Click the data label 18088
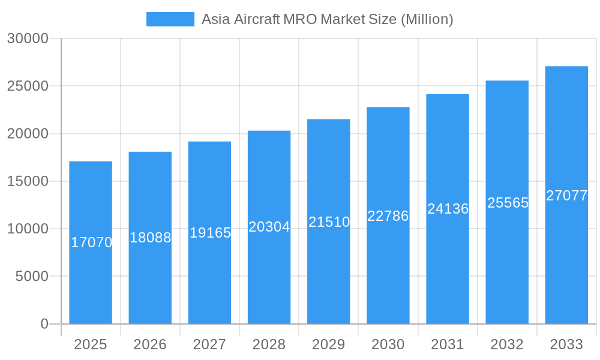pyautogui.click(x=150, y=238)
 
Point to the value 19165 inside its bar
pyautogui.click(x=210, y=233)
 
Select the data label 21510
pyautogui.click(x=329, y=222)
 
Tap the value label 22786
pyautogui.click(x=388, y=216)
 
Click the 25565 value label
pyautogui.click(x=508, y=203)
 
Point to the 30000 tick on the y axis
pyautogui.click(x=28, y=38)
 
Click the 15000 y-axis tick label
pyautogui.click(x=28, y=181)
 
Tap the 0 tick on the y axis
pyautogui.click(x=44, y=324)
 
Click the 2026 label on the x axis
pyautogui.click(x=150, y=344)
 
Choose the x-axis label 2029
pyautogui.click(x=329, y=344)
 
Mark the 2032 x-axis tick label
pyautogui.click(x=507, y=344)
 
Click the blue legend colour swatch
pyautogui.click(x=170, y=19)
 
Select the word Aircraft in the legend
pyautogui.click(x=257, y=19)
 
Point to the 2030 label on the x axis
pyautogui.click(x=388, y=344)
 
